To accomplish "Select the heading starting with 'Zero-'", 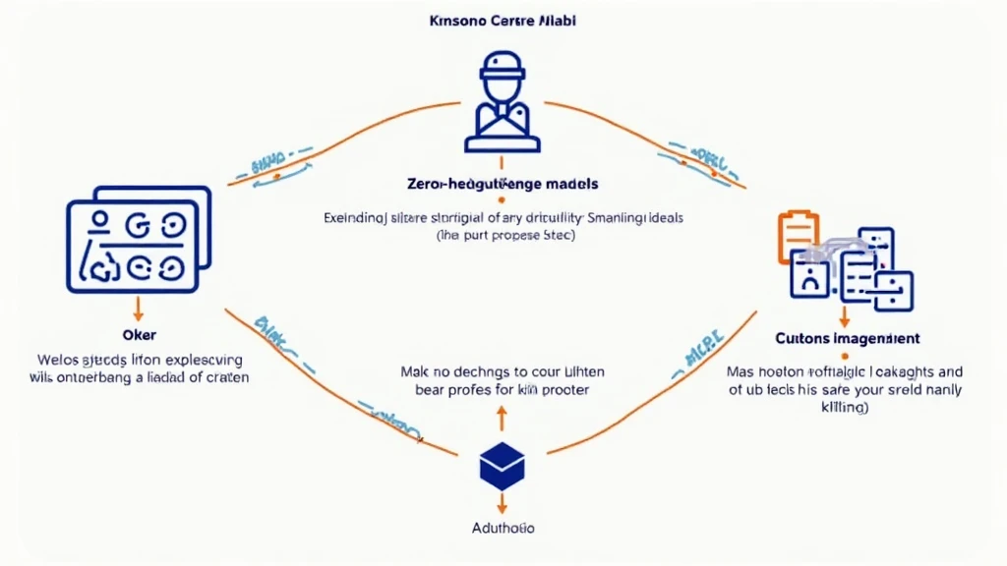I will tap(503, 184).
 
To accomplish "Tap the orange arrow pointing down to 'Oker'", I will tap(138, 309).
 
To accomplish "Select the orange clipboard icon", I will tap(798, 235).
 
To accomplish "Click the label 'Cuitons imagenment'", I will tap(846, 338).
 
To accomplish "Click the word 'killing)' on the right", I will tap(845, 408).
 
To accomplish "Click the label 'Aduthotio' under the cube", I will tap(503, 528).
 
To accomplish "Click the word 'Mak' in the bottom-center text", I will tap(415, 373).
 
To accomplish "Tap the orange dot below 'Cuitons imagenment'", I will tap(845, 354).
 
